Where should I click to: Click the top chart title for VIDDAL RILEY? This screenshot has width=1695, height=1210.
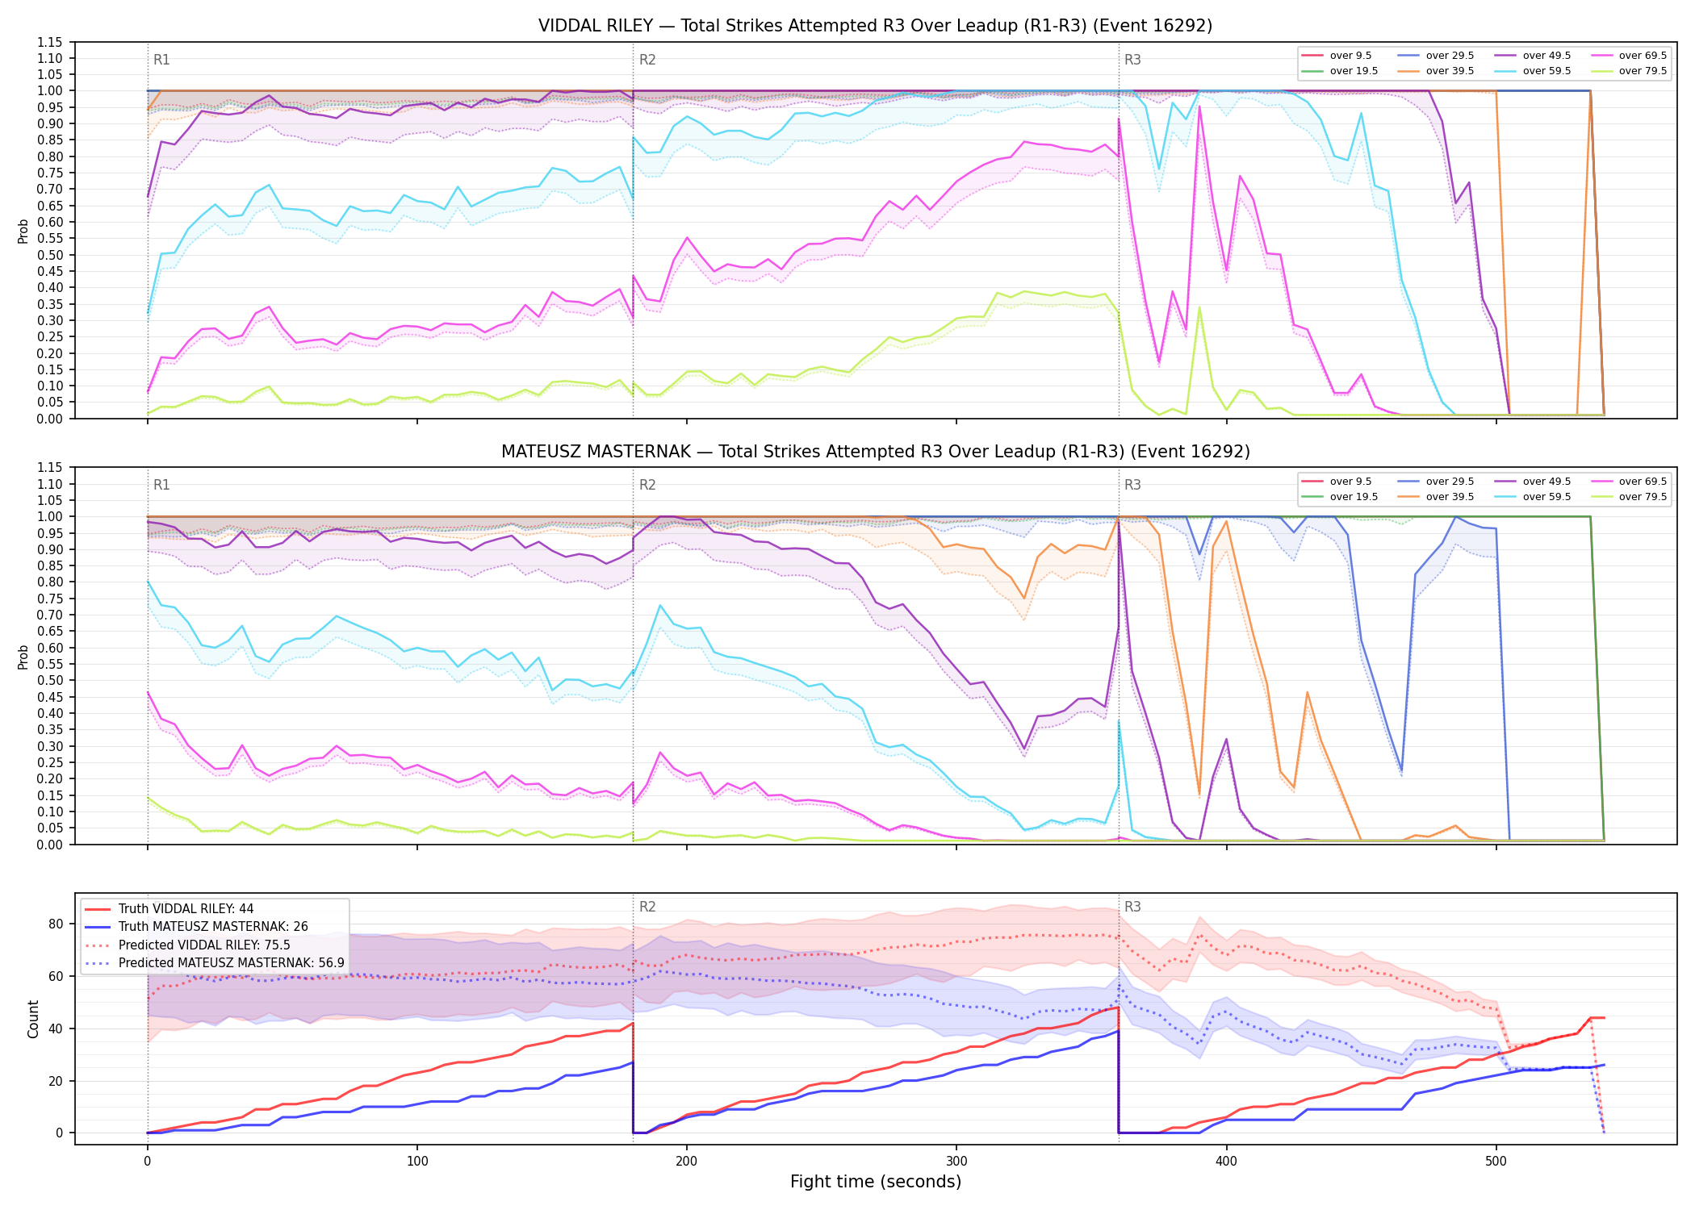click(875, 26)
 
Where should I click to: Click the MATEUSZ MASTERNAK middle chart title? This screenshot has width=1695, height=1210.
click(875, 452)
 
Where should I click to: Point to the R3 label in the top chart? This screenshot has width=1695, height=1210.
click(1132, 60)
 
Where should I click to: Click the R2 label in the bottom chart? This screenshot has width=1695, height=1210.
click(647, 907)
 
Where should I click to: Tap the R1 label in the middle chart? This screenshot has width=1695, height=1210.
click(161, 485)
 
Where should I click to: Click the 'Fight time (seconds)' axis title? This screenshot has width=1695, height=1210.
click(876, 1182)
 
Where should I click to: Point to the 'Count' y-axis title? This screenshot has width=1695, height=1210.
click(33, 1019)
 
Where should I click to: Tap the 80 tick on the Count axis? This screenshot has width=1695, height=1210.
click(56, 924)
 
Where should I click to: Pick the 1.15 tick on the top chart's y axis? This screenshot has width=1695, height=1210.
click(49, 42)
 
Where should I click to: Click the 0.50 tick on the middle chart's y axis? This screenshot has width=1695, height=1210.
click(49, 681)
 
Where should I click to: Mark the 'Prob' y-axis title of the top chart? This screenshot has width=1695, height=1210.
click(23, 231)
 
